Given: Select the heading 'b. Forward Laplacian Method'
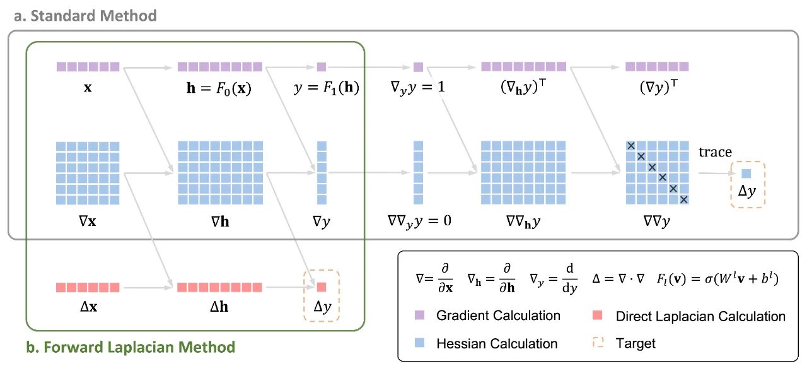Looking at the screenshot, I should coord(130,346).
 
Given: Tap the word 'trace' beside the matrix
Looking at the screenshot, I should coord(715,152).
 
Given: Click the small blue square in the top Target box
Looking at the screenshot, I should coord(746,173).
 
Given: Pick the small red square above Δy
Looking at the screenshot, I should coord(322,288).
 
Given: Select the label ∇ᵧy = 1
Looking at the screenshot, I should coord(418,88).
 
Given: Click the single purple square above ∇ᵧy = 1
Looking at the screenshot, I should coord(418,67).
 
